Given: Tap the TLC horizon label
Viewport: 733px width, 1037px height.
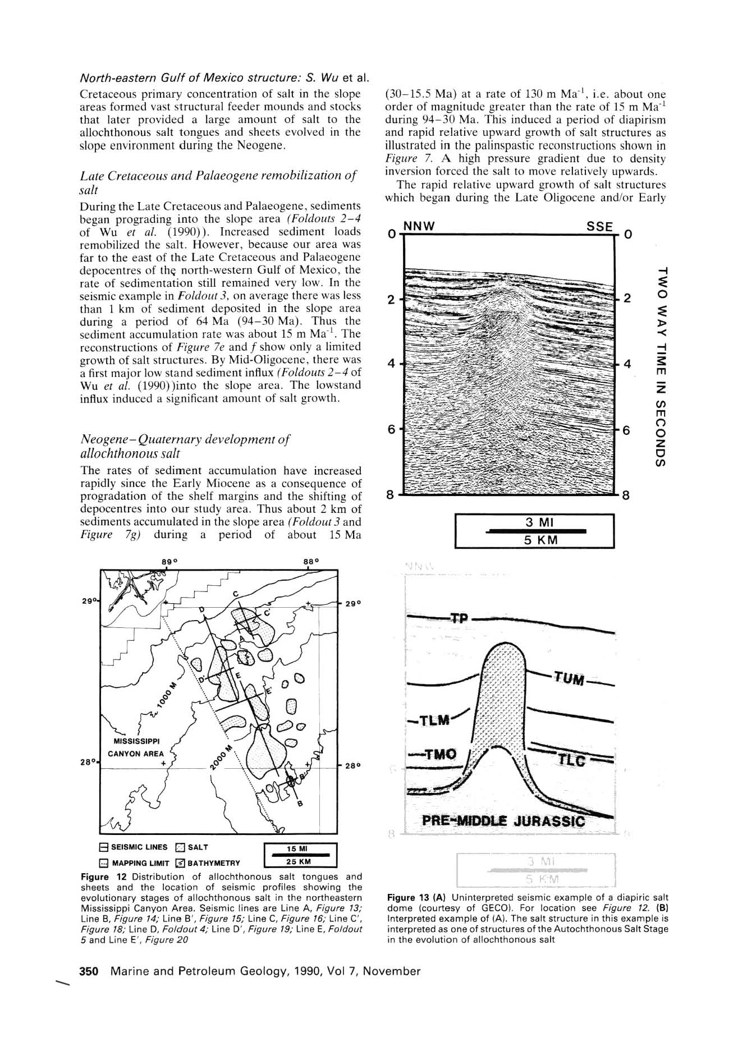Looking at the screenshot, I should coord(571,760).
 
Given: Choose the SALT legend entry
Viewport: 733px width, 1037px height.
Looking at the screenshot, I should coord(193,847).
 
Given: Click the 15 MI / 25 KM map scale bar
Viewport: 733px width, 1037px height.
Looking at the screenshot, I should coord(299,855).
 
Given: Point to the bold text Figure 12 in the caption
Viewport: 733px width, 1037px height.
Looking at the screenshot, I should coord(98,877).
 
